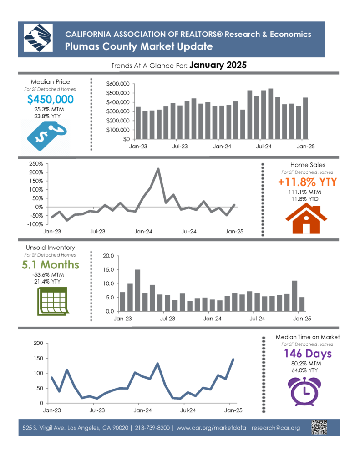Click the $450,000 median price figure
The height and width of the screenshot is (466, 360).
(50, 99)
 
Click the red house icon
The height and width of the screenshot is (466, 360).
(306, 219)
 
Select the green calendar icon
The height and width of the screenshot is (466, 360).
(53, 301)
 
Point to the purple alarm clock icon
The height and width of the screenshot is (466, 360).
(304, 391)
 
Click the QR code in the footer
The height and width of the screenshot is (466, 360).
(319, 427)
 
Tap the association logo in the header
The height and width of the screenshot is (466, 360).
(38, 38)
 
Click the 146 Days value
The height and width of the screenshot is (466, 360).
(308, 354)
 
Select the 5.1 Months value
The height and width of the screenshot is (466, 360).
(51, 265)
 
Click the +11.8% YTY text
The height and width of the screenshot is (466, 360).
(307, 182)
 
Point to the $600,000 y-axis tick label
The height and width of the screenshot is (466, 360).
(118, 84)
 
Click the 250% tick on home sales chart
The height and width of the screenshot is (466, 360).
(36, 164)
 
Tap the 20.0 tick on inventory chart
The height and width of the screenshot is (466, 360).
(108, 256)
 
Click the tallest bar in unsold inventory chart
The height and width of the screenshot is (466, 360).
(137, 290)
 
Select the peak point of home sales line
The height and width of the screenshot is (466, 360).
(158, 169)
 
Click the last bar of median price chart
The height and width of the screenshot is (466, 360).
(305, 118)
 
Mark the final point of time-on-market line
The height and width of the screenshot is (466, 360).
(233, 360)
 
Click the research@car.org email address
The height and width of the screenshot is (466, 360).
(276, 428)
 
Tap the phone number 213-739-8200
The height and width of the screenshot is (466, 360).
(152, 428)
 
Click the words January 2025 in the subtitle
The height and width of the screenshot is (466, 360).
(218, 65)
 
